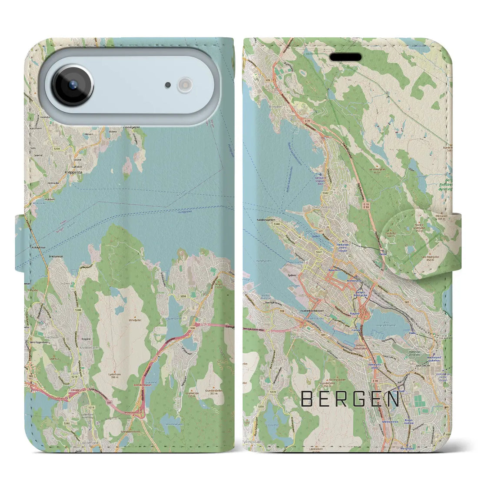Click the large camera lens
tap(73, 86)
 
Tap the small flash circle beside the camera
tap(186, 85)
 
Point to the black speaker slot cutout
tap(345, 57)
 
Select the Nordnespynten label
tap(266, 219)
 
